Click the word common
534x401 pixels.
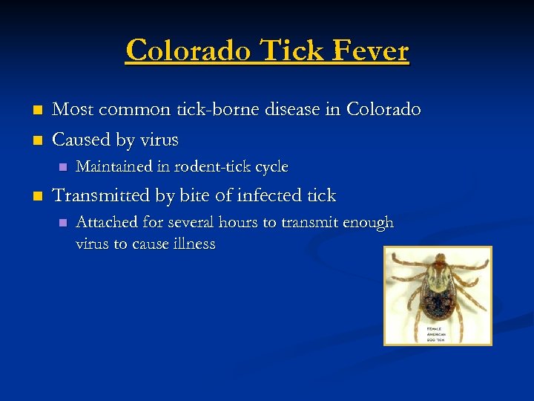point(131,110)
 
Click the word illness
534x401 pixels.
point(193,244)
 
